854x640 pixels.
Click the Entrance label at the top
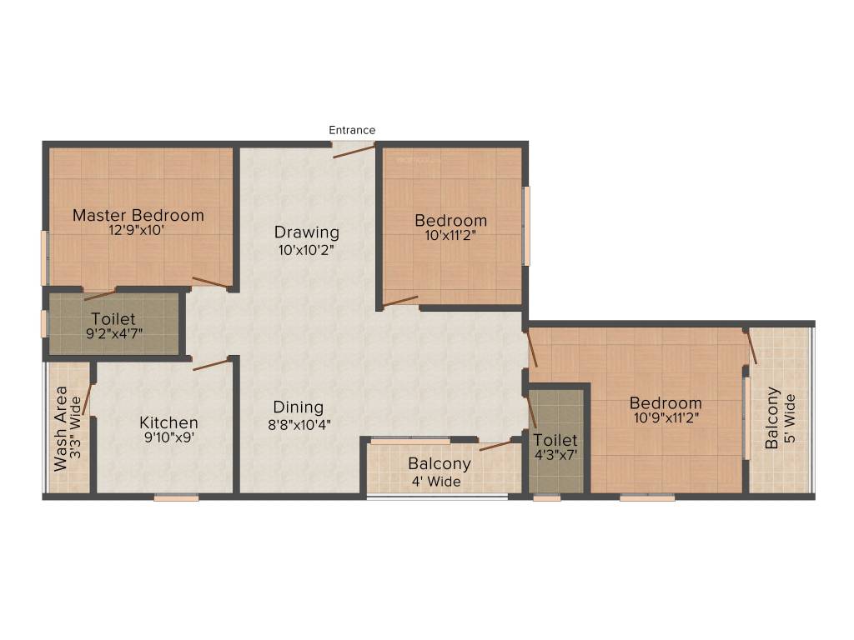click(x=352, y=130)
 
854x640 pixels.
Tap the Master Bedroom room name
click(x=138, y=215)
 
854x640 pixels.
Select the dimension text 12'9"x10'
click(x=138, y=231)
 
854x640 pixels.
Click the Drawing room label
click(x=307, y=232)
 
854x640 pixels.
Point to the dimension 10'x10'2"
click(x=307, y=248)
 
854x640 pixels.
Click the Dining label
click(x=299, y=407)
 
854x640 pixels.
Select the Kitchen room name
click(x=168, y=422)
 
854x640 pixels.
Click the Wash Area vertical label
click(x=61, y=428)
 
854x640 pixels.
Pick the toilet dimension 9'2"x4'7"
click(x=113, y=334)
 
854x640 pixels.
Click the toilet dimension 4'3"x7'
click(x=555, y=455)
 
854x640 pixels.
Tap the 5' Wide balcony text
click(x=791, y=417)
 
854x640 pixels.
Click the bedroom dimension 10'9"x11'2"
click(x=666, y=418)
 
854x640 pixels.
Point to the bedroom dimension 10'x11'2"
click(x=451, y=236)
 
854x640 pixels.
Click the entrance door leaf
click(x=354, y=150)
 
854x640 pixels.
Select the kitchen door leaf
click(x=211, y=363)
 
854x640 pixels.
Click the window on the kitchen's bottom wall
click(x=176, y=498)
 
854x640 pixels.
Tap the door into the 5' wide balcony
click(x=751, y=347)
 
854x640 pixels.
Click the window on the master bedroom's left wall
click(x=44, y=258)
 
